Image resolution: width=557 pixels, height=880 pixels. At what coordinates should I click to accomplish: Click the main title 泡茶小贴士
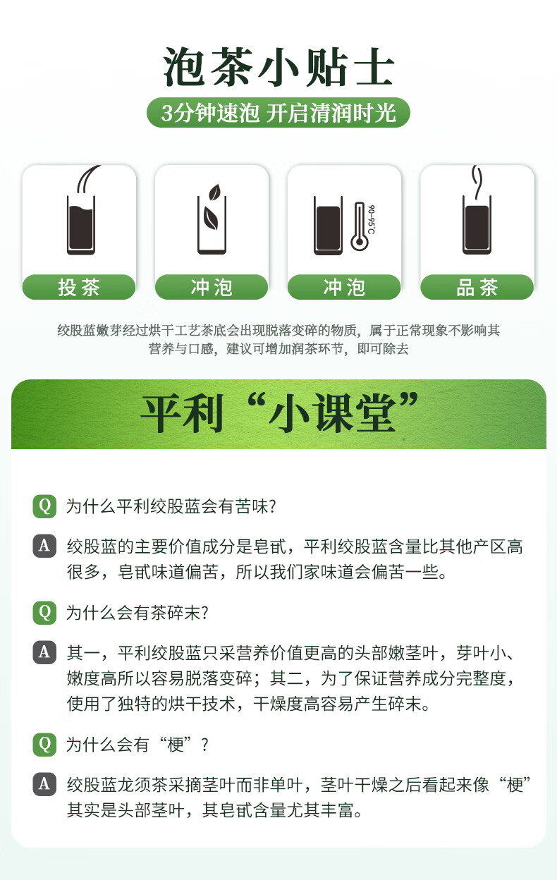[x=278, y=66]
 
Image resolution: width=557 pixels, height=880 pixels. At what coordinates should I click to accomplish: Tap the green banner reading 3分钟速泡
[x=278, y=113]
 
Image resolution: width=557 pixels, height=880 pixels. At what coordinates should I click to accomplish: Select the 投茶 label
[x=79, y=287]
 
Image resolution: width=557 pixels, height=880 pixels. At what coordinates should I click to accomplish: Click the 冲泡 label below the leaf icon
[x=212, y=287]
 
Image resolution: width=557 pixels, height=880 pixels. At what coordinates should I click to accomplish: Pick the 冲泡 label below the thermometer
[x=344, y=287]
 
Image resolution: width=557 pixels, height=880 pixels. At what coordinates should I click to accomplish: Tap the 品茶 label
[x=477, y=287]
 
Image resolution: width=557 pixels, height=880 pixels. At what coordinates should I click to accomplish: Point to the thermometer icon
[x=360, y=226]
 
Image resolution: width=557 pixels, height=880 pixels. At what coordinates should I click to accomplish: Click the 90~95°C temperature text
[x=371, y=219]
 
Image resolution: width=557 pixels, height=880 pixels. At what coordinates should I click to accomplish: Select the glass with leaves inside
[x=212, y=219]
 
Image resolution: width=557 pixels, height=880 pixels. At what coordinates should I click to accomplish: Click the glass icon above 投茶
[x=81, y=225]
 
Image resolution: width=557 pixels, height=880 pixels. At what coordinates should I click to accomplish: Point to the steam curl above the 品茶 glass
[x=477, y=181]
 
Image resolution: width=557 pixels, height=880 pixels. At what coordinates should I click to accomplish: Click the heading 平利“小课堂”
[x=279, y=413]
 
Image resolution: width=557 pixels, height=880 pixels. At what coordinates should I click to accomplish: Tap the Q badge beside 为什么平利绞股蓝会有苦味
[x=44, y=506]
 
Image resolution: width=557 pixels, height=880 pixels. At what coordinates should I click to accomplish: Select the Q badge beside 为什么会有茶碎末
[x=44, y=613]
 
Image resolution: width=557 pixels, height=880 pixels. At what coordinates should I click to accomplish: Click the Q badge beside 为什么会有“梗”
[x=44, y=745]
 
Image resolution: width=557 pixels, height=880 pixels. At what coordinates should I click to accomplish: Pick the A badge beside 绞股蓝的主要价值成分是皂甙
[x=44, y=546]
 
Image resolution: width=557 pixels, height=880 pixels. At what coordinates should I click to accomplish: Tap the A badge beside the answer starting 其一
[x=44, y=652]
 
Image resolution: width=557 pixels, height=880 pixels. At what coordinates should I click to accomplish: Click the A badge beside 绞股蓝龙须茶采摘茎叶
[x=44, y=784]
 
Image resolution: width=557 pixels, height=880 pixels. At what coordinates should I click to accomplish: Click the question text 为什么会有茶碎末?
[x=137, y=613]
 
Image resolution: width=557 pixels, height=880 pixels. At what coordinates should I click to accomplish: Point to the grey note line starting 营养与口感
[x=278, y=348]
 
